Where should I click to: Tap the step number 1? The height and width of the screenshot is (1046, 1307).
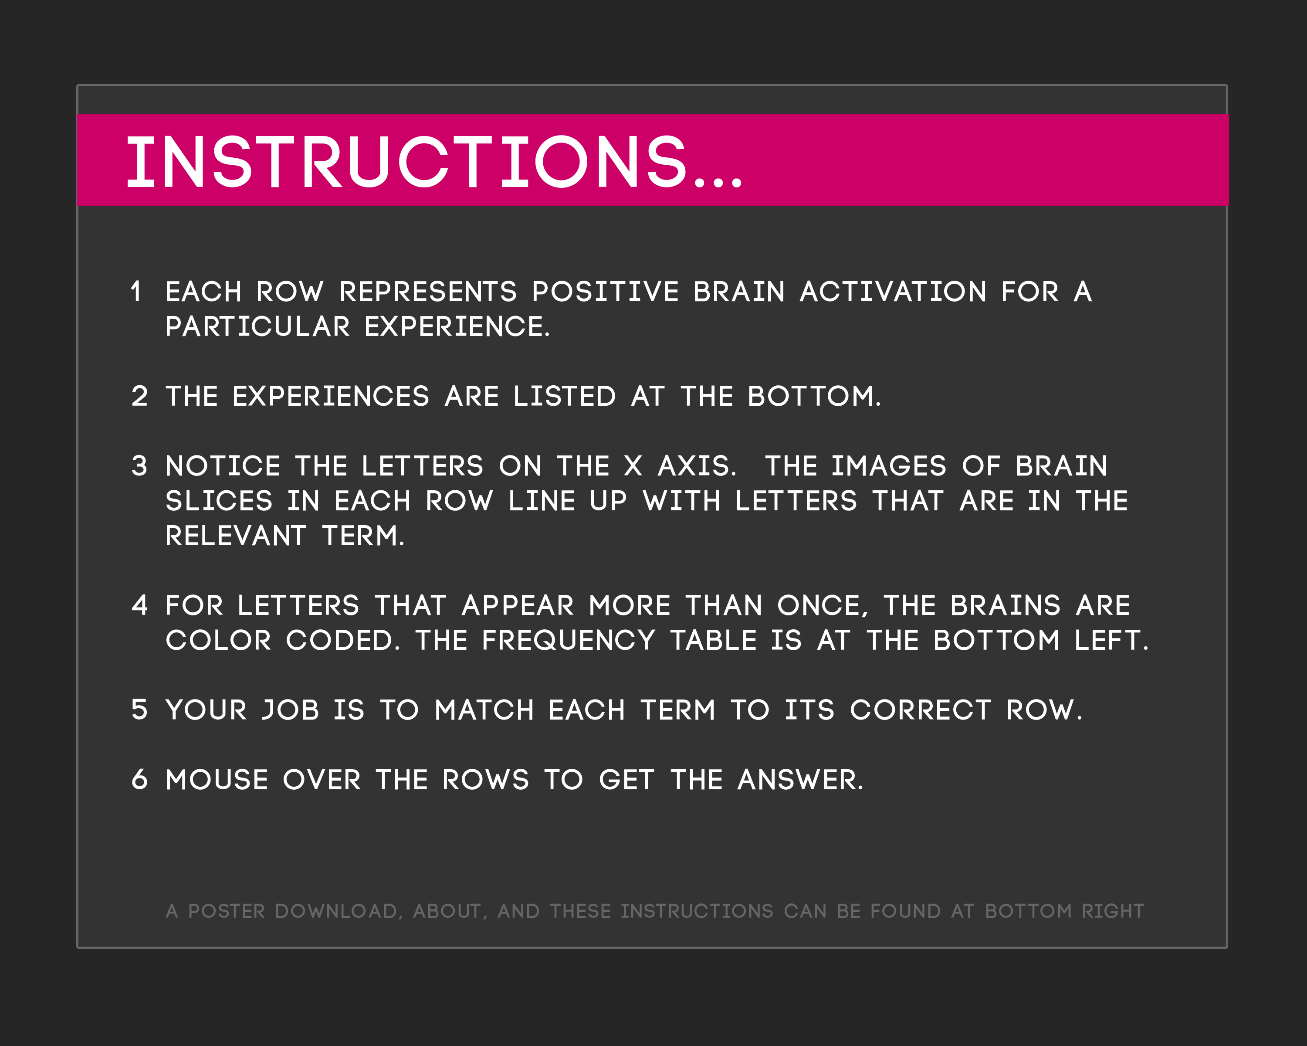pos(136,292)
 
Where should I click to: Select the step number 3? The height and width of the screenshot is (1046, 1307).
pos(139,466)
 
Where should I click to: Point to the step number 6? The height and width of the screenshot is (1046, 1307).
pos(139,779)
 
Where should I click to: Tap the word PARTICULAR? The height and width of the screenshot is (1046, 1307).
pos(257,327)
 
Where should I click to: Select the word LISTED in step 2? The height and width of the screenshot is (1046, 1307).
pos(564,397)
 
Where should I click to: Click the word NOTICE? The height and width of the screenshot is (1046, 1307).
pos(223,466)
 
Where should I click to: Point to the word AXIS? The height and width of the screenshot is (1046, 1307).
pos(697,466)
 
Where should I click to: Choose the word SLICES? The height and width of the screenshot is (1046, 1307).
pos(219,501)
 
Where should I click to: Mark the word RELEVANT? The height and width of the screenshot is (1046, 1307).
pos(236,536)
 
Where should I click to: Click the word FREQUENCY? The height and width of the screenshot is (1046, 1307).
pos(569,640)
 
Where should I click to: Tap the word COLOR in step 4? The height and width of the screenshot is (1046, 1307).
pos(218,640)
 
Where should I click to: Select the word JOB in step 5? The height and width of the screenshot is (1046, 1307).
pos(291,710)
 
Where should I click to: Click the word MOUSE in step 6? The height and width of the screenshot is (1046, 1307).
pos(217,780)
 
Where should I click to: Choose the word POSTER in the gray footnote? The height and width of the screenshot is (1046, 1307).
pos(227,911)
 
